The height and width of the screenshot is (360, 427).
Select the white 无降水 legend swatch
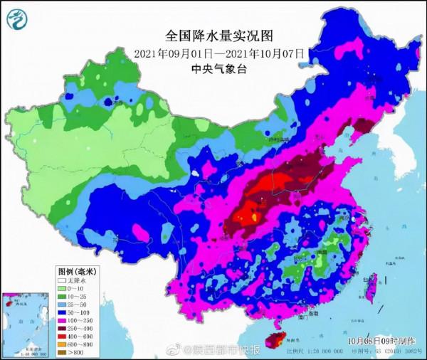(62, 281)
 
